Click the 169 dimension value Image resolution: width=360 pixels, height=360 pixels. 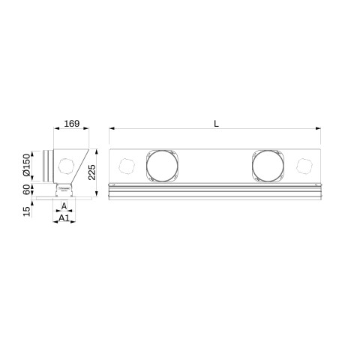click(x=72, y=124)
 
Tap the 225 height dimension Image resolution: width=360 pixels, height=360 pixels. click(x=92, y=172)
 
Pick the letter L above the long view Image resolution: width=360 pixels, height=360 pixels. click(x=216, y=124)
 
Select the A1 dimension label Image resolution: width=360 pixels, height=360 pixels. click(x=64, y=218)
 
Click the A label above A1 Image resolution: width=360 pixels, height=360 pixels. click(x=64, y=206)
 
